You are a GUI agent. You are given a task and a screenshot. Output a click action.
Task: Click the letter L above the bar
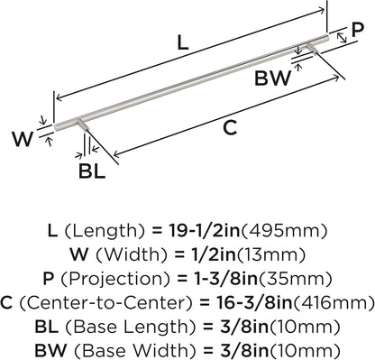(x=183, y=42)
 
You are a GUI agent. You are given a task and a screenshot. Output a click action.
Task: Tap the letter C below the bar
(x=230, y=128)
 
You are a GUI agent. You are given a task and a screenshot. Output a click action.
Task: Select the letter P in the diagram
(x=358, y=30)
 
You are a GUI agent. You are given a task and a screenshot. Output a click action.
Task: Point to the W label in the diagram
(x=23, y=140)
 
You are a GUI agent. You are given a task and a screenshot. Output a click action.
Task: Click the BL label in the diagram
(x=92, y=171)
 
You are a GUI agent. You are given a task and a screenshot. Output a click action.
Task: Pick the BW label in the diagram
(x=273, y=78)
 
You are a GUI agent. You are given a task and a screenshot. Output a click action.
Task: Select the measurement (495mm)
(x=284, y=231)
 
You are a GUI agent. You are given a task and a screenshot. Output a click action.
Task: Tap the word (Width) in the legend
(x=132, y=255)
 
